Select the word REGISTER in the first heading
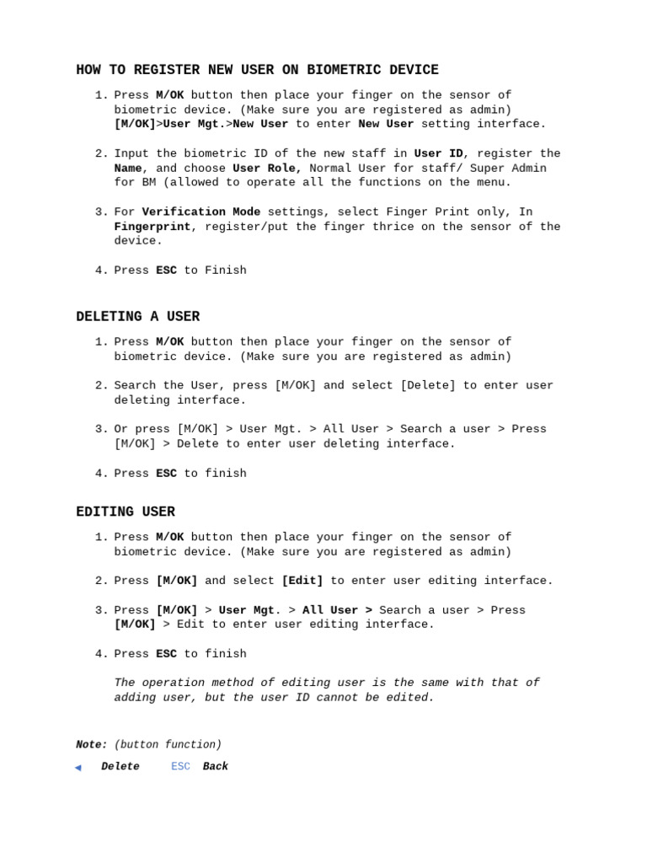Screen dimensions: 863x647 [x=149, y=70]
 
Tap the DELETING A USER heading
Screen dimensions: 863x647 [x=138, y=317]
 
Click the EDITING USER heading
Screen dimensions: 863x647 [x=126, y=512]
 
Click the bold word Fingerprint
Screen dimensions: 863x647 [x=152, y=227]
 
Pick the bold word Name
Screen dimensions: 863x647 [x=128, y=169]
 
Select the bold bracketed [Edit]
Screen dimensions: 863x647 [x=302, y=581]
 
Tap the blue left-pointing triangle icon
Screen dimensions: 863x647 [x=78, y=767]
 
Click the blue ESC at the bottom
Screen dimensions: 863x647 [x=180, y=767]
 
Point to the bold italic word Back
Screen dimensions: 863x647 [x=216, y=767]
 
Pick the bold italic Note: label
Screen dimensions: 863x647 [x=92, y=745]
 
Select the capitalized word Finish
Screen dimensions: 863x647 [x=226, y=271]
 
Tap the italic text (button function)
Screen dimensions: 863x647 [x=168, y=745]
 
